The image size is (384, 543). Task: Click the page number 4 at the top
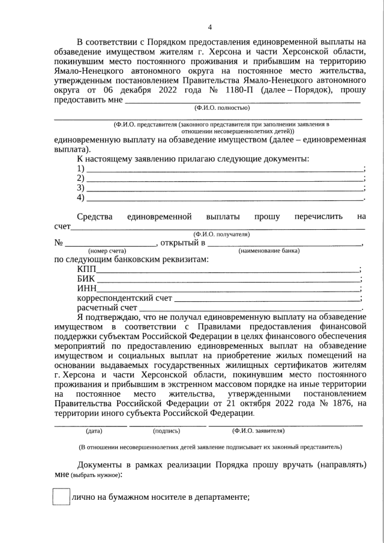pos(209,26)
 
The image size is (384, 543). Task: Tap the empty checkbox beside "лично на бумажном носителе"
pos(62,497)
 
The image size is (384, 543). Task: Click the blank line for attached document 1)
pos(225,170)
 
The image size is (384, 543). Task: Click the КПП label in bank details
pos(86,270)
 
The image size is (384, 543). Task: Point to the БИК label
pos(86,280)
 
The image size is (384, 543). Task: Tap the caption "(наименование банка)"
pos(269,250)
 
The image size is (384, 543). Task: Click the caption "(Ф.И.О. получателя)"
pos(221,234)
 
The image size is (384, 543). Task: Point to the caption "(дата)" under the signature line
pos(94,431)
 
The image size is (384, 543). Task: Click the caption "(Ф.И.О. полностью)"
pos(221,108)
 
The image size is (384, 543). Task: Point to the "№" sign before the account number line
pos(59,243)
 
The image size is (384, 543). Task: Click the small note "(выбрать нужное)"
pos(96,475)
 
